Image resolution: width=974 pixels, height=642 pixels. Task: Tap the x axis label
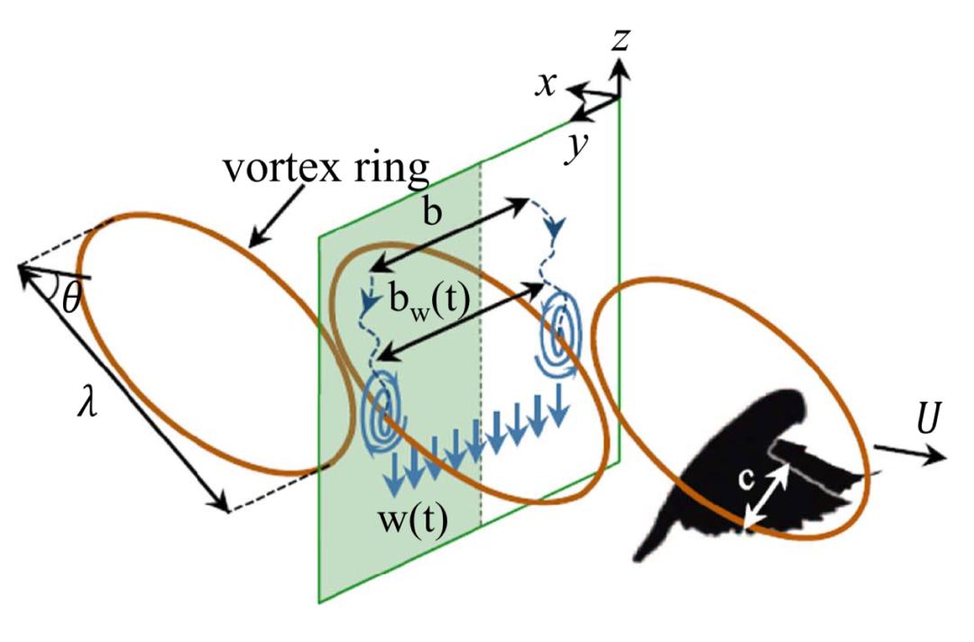pyautogui.click(x=546, y=84)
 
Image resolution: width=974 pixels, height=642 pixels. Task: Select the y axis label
pyautogui.click(x=571, y=148)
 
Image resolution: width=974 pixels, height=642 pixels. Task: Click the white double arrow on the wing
pyautogui.click(x=766, y=495)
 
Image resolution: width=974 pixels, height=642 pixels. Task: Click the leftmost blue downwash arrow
pyautogui.click(x=394, y=477)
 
